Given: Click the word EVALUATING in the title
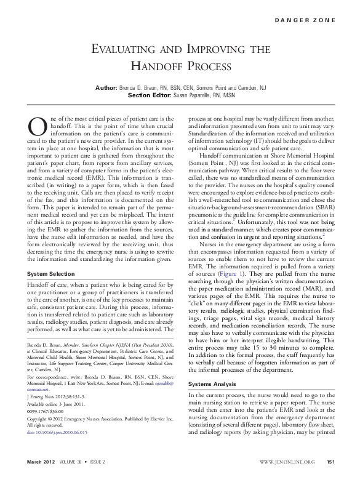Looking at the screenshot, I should (131, 49).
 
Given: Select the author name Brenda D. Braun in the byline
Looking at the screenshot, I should (148, 89).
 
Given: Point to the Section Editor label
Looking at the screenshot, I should (152, 96).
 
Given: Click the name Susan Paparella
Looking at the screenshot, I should (200, 96).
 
